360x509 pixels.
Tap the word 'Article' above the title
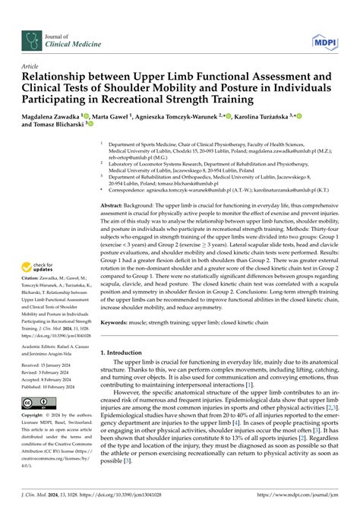coord(30,66)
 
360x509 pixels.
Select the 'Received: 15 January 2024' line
coord(53,364)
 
